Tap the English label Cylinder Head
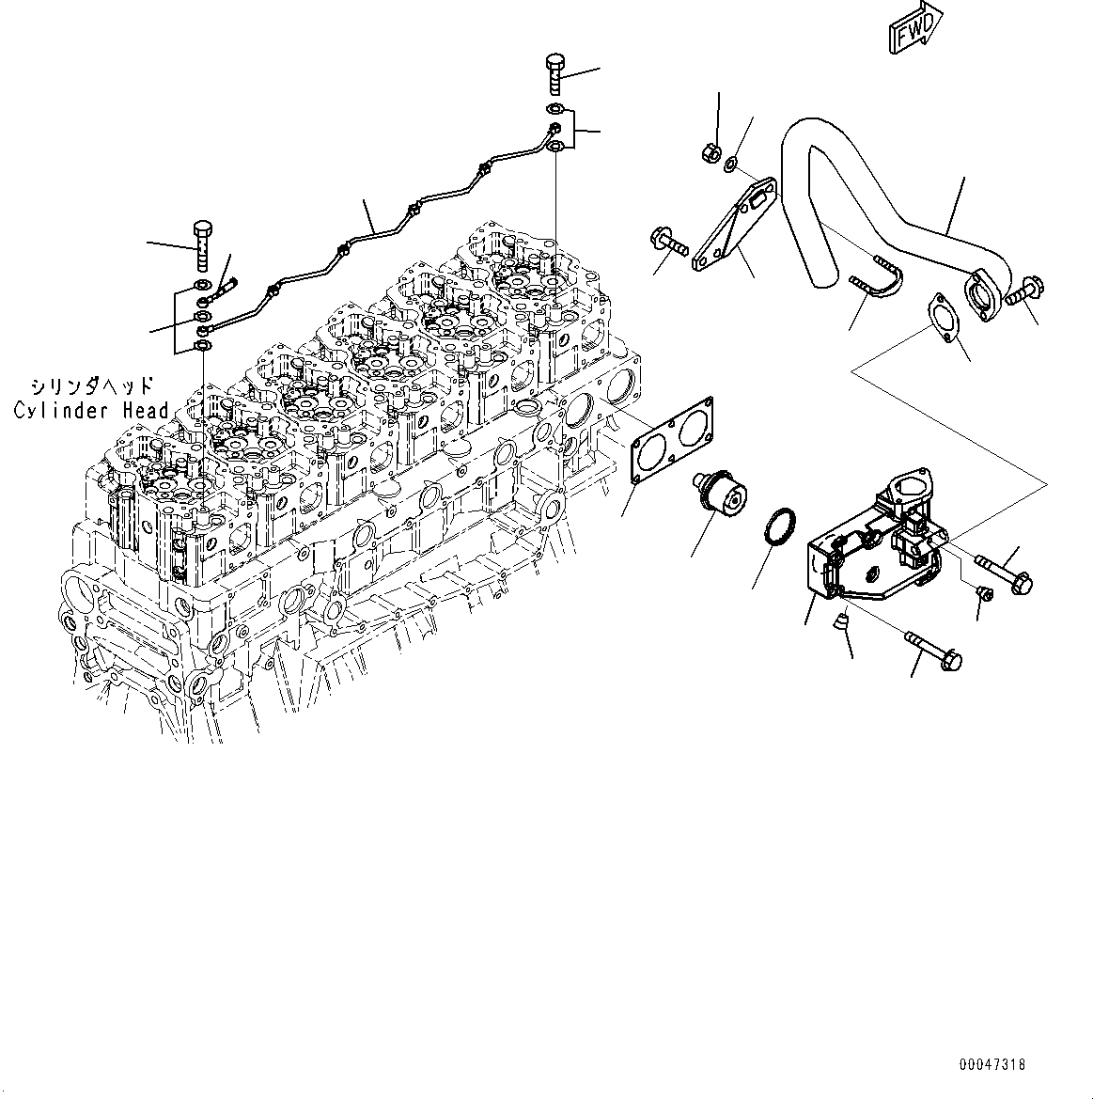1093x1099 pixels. tap(91, 410)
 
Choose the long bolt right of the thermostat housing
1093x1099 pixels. tap(1005, 573)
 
